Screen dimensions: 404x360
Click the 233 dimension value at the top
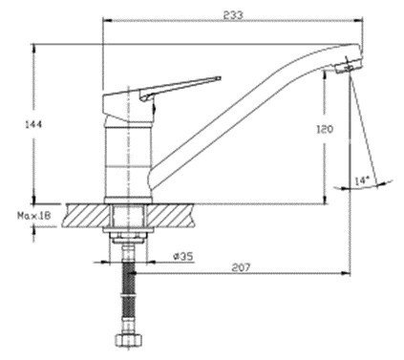coord(233,15)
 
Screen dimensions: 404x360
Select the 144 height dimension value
coord(33,124)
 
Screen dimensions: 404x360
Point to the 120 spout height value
coord(325,129)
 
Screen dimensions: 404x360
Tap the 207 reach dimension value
coord(241,267)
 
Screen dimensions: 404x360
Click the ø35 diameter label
coord(183,257)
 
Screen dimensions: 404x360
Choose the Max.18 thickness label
coord(33,216)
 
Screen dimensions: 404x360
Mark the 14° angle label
coord(362,181)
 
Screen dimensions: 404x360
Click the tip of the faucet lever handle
coord(220,77)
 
